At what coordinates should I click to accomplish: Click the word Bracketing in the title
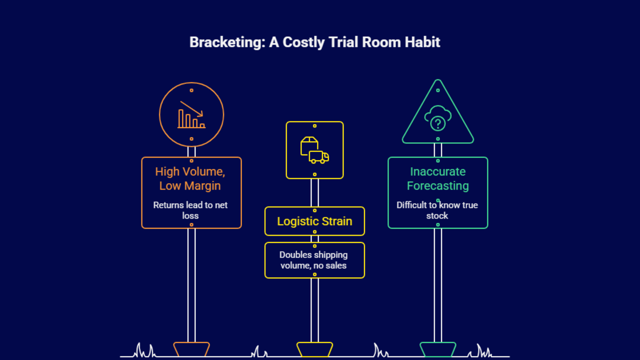(227, 42)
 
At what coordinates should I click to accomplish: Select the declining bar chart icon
(192, 115)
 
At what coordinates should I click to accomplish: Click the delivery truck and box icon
(315, 150)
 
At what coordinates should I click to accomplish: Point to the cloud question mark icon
(438, 118)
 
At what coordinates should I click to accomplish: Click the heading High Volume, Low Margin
(190, 179)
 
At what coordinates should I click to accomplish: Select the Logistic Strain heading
(315, 221)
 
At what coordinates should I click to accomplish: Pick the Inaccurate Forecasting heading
(438, 179)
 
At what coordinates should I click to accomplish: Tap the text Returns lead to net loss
(190, 210)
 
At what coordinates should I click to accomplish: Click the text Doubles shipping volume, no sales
(314, 260)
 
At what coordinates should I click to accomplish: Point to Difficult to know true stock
(437, 210)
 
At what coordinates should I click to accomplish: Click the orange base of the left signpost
(192, 349)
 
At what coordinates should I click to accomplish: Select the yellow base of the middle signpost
(315, 349)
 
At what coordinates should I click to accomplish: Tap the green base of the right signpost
(438, 349)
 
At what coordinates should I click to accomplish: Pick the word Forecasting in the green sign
(438, 186)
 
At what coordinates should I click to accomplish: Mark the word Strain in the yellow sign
(337, 221)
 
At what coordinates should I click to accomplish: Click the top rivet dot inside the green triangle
(438, 90)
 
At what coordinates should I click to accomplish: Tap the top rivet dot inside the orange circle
(192, 90)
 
